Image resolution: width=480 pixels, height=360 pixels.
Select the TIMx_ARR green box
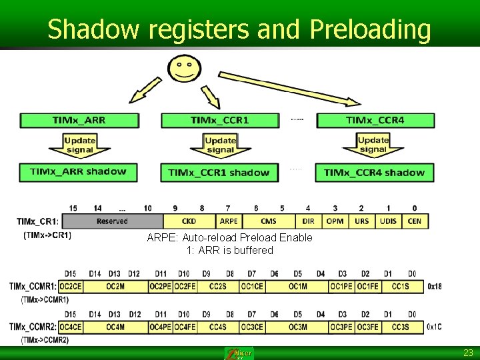pos(79,121)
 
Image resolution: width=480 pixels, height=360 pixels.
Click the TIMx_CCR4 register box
pos(375,121)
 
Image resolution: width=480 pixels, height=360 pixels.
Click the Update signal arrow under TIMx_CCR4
pos(373,145)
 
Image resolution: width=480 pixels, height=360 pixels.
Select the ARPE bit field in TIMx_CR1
pos(229,221)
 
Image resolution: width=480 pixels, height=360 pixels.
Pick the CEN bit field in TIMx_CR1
pos(415,221)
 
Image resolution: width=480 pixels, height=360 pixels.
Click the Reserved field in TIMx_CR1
pos(112,221)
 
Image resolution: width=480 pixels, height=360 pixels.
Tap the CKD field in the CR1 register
pos(189,221)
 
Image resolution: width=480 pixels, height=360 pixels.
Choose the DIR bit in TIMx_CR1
pos(309,221)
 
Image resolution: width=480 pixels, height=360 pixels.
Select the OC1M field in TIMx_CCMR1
pos(297,287)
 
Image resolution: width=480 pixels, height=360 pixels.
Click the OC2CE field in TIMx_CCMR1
pos(70,287)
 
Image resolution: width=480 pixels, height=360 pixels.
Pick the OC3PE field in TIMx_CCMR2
pos(341,327)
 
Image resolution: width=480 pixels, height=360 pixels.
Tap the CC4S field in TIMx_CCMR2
pos(218,327)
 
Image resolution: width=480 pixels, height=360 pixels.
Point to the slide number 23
pos(468,353)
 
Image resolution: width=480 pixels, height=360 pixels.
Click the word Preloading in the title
pos(370,29)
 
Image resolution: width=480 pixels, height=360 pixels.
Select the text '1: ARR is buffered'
pos(229,250)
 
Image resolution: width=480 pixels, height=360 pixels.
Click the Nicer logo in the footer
pos(239,353)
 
